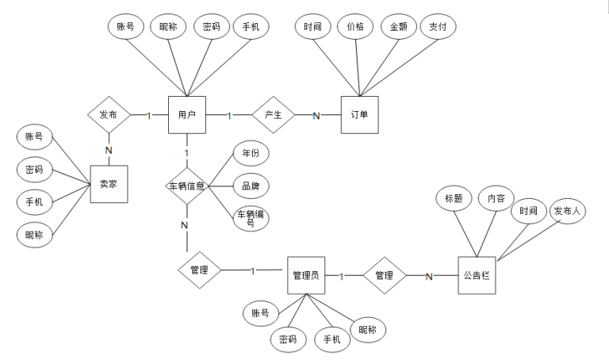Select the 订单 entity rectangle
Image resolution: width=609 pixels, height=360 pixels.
tap(359, 116)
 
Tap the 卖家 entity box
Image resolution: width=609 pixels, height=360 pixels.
tap(109, 184)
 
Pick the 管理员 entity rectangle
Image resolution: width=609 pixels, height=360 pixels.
tap(305, 276)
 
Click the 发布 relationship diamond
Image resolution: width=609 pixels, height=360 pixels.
tap(109, 116)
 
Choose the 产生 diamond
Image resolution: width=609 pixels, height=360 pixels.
tap(273, 116)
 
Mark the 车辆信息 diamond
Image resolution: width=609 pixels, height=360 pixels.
tap(187, 186)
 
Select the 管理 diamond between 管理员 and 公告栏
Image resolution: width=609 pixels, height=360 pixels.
tap(384, 276)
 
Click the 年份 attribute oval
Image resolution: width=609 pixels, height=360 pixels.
tap(250, 153)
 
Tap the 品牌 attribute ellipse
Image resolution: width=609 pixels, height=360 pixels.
tap(250, 187)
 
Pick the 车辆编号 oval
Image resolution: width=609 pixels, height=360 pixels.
tap(250, 218)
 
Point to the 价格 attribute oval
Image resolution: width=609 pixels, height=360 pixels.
tap(355, 27)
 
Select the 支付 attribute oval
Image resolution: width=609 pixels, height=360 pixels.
tap(438, 27)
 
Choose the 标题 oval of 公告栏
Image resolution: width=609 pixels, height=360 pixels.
tap(454, 198)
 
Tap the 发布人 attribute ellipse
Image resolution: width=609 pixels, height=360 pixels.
tap(568, 211)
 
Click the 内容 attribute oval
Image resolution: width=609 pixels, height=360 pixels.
tap(497, 198)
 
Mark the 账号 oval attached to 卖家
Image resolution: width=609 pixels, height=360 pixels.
tap(34, 136)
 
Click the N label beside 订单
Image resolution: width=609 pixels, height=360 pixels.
tap(316, 117)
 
